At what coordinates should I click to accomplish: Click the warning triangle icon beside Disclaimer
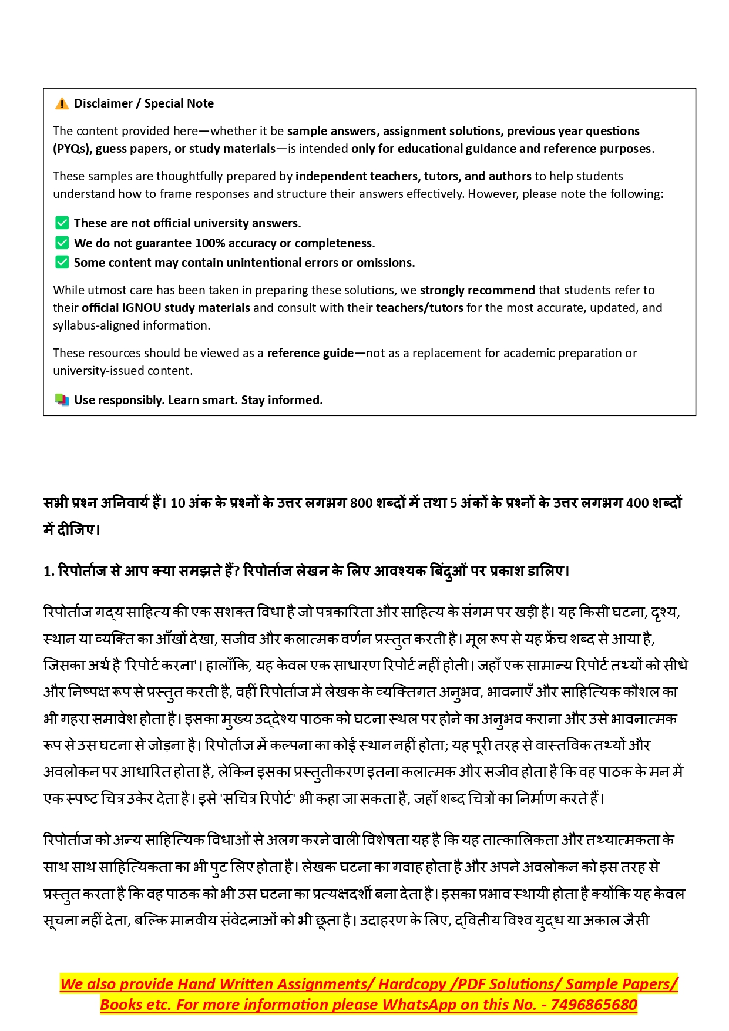[x=62, y=104]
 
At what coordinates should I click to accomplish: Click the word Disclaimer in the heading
[x=103, y=103]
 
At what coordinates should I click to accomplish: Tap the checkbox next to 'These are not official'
[x=62, y=223]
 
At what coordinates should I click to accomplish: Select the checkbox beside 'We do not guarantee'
[x=62, y=243]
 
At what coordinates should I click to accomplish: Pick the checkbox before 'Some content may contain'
[x=62, y=262]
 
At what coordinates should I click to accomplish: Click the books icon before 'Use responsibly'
[x=62, y=400]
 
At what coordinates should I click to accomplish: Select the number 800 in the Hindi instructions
[x=361, y=503]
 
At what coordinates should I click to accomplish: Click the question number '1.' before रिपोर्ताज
[x=49, y=571]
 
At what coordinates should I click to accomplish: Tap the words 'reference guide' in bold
[x=310, y=353]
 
